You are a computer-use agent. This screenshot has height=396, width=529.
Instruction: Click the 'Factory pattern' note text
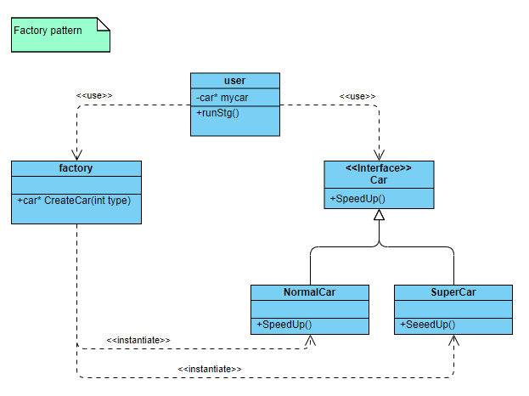(48, 31)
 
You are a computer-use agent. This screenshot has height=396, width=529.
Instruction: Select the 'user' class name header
(234, 81)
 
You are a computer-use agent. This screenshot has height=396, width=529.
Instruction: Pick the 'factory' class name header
(76, 168)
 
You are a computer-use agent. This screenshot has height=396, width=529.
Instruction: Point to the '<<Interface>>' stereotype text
(379, 168)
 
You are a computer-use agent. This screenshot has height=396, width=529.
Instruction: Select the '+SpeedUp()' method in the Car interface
(357, 199)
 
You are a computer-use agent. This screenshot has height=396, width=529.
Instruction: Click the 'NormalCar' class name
(310, 292)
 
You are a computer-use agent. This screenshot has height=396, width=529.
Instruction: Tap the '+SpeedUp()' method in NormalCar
(284, 325)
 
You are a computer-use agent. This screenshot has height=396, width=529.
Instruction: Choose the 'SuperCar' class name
(453, 292)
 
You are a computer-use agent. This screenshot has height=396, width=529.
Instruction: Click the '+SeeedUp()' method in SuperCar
(428, 325)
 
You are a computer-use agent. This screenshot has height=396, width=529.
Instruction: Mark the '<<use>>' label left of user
(94, 96)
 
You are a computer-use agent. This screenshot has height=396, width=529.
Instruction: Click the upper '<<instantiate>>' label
(138, 340)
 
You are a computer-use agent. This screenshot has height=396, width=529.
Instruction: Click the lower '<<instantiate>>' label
(210, 369)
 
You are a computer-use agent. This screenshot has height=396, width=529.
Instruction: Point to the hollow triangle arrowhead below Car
(380, 215)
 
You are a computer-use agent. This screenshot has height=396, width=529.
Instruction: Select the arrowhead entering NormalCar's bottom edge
(310, 340)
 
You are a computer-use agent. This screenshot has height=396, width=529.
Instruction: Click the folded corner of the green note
(104, 24)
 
